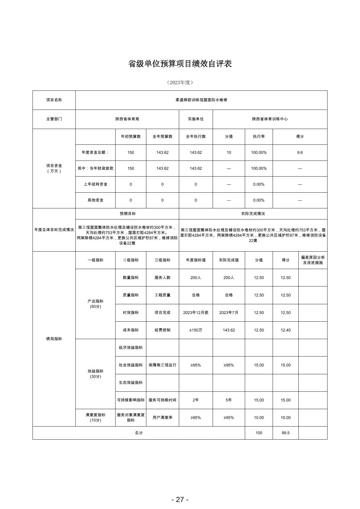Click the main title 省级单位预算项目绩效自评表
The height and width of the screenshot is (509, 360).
[180, 64]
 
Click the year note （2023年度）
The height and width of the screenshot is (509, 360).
[180, 82]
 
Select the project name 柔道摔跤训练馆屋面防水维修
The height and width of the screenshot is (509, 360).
[201, 100]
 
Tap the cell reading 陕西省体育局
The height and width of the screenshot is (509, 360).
[127, 119]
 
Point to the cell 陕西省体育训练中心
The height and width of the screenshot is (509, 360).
[270, 119]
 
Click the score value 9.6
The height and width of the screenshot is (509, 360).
[300, 152]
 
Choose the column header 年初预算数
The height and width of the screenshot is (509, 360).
[131, 137]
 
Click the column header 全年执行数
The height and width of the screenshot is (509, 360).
[196, 137]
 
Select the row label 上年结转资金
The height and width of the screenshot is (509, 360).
[95, 184]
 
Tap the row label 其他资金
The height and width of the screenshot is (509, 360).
[95, 200]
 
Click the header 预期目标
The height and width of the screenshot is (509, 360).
[127, 213]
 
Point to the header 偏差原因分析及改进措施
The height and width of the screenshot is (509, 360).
[312, 260]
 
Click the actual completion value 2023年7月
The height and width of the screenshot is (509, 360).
[229, 313]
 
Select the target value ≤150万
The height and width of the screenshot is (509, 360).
[196, 330]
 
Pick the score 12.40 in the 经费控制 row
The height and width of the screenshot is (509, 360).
[285, 330]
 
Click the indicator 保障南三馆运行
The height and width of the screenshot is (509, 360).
[162, 365]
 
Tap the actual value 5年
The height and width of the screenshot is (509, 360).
[229, 400]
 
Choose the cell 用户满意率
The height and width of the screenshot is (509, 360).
[162, 418]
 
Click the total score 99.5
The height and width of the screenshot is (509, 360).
[285, 433]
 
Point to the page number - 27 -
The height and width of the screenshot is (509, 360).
[180, 499]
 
